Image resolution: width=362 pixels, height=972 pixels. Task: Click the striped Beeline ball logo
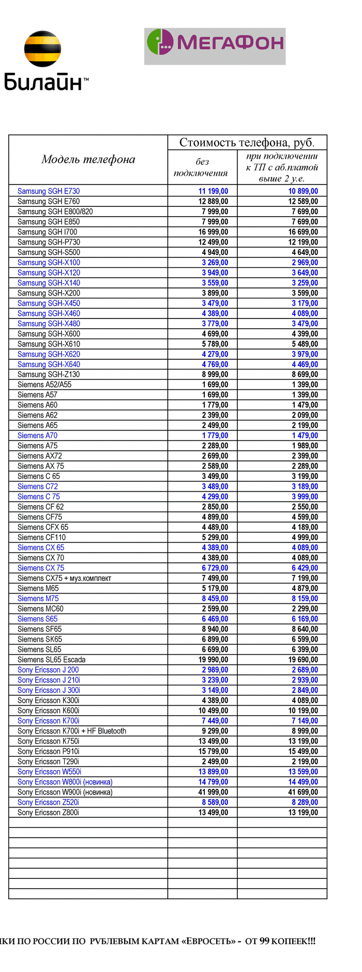[x=42, y=50]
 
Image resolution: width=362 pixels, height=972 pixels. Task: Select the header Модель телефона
[x=88, y=159]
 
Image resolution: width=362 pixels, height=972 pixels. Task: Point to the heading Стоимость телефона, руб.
[x=247, y=143]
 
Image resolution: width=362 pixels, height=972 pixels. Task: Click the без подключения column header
[x=202, y=167]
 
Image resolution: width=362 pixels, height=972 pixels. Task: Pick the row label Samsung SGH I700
[x=47, y=232]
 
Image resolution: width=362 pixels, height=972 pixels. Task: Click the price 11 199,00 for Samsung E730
[x=213, y=191]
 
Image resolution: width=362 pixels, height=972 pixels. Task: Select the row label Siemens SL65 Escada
[x=51, y=660]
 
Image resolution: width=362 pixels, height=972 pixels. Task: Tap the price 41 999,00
[x=213, y=792]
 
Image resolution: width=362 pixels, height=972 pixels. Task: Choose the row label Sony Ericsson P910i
[x=48, y=751]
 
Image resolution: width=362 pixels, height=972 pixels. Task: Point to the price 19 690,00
[x=303, y=660]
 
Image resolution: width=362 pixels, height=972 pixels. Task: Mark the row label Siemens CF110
[x=41, y=537]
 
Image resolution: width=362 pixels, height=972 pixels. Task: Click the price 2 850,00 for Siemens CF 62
[x=215, y=507]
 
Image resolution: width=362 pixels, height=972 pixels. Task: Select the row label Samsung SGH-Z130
[x=49, y=374]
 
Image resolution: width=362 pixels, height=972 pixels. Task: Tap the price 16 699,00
[x=303, y=232]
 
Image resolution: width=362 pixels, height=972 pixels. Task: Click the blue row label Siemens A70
[x=37, y=435]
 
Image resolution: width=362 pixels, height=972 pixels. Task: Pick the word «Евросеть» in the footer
[x=207, y=941]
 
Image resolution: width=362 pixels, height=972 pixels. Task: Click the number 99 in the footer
[x=264, y=941]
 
